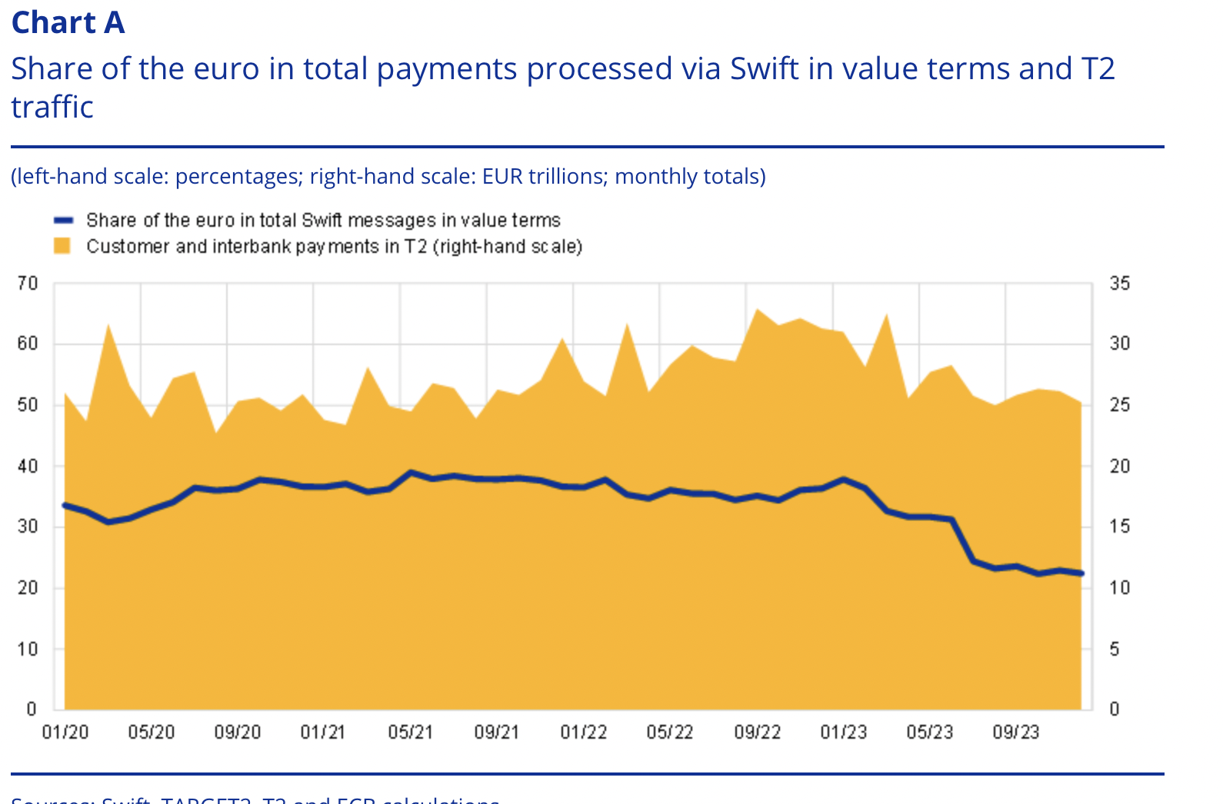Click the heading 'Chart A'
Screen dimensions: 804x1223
coord(68,22)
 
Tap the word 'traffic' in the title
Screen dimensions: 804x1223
coord(52,107)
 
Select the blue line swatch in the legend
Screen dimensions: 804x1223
coord(63,221)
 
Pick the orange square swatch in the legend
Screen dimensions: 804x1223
coord(62,246)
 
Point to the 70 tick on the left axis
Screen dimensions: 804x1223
coord(28,283)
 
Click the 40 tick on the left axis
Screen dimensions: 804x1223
coord(28,466)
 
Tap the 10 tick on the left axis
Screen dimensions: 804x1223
coord(28,649)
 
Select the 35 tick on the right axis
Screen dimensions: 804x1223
coord(1119,283)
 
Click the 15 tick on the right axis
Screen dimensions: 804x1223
coord(1119,527)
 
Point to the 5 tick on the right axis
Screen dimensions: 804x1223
coord(1115,649)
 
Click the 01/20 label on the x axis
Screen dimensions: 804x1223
coord(65,732)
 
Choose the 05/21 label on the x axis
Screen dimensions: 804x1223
coord(410,732)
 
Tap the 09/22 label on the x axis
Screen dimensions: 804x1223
coord(757,732)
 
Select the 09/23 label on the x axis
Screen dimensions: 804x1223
coord(1015,732)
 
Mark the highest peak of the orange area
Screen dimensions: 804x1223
coord(758,310)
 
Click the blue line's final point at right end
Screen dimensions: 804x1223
coord(1081,573)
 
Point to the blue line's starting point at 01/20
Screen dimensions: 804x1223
coord(65,505)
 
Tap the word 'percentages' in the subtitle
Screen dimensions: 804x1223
coord(237,177)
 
